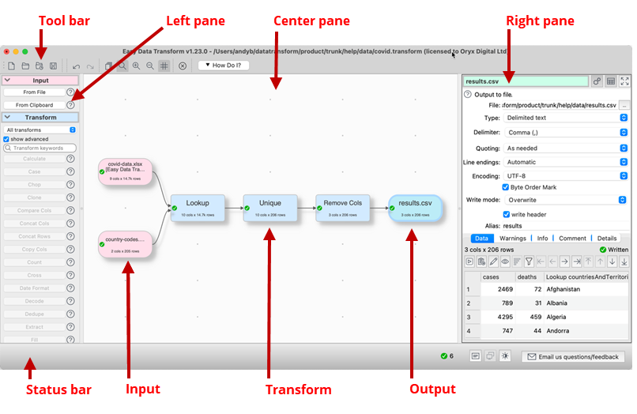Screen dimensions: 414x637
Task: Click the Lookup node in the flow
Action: (x=197, y=207)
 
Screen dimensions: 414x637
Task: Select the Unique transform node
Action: (x=270, y=207)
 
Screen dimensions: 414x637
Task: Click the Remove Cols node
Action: (x=341, y=207)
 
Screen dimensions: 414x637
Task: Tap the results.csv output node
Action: (x=415, y=208)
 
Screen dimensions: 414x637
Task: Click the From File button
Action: (x=34, y=92)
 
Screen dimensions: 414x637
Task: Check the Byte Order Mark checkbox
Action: (x=506, y=187)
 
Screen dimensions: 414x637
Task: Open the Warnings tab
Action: (x=512, y=238)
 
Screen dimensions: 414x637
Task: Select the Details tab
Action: (x=606, y=238)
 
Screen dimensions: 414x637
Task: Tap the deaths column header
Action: (x=526, y=277)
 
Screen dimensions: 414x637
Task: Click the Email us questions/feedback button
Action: (x=573, y=357)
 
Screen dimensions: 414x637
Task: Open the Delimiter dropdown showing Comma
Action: (x=566, y=132)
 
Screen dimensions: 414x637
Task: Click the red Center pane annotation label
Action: (x=311, y=21)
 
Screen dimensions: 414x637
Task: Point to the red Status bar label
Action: (x=58, y=390)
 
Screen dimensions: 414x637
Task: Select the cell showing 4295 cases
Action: (x=499, y=318)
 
